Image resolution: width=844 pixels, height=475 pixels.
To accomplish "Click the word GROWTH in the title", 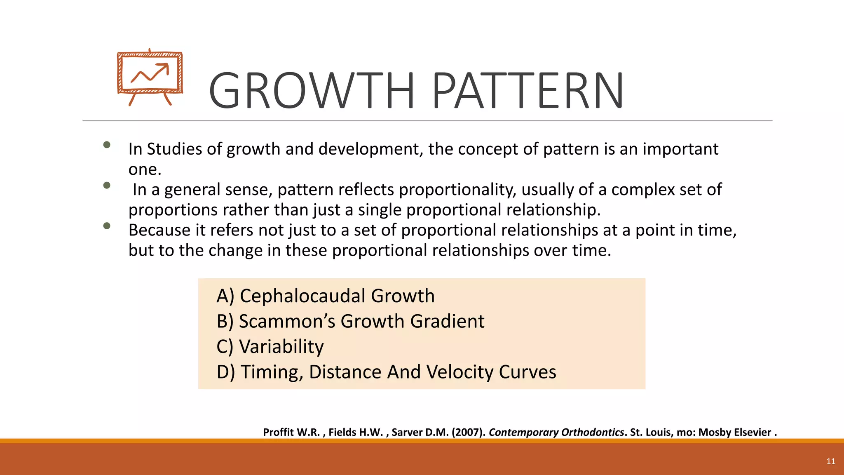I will pos(312,91).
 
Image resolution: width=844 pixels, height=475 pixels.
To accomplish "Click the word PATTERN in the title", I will pos(528,91).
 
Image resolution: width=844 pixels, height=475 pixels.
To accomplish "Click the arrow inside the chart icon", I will pos(151,73).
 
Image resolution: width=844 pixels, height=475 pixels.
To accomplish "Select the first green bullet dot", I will pos(107,145).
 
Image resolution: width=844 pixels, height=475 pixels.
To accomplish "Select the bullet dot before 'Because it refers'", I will pos(107,226).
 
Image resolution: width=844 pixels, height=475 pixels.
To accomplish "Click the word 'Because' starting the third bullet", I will pos(159,230).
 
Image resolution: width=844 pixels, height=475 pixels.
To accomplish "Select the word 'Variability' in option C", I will pos(281,347).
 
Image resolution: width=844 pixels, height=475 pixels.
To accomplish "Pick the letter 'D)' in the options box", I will pos(225,372).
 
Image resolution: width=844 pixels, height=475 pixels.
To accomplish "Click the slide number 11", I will pos(830,461).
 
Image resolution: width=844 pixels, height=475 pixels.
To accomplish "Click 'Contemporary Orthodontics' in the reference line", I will pos(556,432).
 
